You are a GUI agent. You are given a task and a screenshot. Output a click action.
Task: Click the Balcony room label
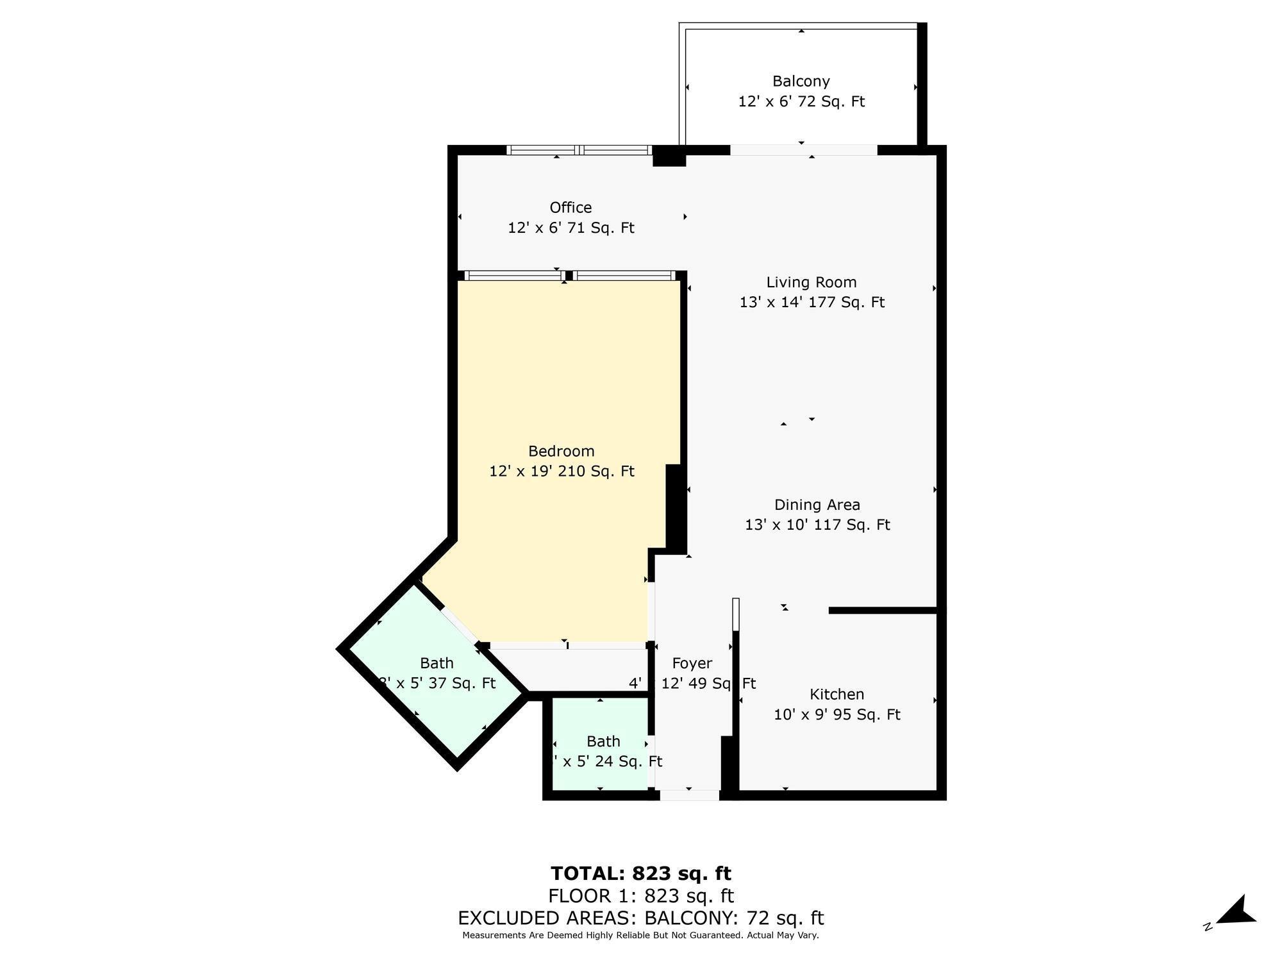click(801, 81)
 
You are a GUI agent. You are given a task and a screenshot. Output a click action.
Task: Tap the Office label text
click(570, 207)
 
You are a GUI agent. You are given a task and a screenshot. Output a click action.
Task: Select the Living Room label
click(812, 282)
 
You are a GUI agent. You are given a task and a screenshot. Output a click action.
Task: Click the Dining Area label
click(817, 505)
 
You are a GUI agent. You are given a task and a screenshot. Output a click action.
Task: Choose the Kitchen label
click(837, 694)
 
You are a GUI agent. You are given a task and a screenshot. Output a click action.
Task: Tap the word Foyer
click(692, 663)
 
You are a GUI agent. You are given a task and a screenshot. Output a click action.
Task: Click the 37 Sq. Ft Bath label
click(437, 663)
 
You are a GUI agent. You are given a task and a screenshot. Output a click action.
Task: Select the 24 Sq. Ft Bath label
click(603, 741)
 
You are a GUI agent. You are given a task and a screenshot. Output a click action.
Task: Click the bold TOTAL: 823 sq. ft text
click(641, 873)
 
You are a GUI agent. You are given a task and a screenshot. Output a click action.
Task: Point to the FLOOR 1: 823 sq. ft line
click(641, 896)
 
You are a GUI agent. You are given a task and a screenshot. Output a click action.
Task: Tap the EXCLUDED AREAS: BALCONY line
click(641, 918)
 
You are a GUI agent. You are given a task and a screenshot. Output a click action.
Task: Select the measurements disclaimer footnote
click(641, 936)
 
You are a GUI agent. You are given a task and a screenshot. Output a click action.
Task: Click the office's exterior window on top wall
click(579, 150)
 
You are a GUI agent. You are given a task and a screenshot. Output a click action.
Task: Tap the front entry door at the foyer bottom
click(690, 795)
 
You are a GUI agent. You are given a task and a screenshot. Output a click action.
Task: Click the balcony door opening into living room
click(803, 150)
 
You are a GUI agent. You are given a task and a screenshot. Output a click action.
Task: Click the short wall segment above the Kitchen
click(883, 611)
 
